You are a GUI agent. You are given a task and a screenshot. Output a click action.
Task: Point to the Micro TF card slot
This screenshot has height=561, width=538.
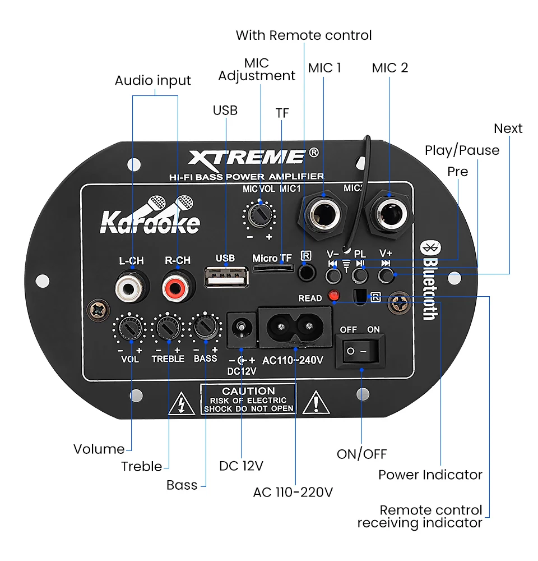272,269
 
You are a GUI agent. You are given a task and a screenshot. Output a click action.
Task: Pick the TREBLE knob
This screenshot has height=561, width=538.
168,327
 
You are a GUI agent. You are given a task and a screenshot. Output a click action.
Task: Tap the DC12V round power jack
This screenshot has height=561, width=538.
242,327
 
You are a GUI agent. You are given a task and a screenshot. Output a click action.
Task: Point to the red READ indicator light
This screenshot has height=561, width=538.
334,295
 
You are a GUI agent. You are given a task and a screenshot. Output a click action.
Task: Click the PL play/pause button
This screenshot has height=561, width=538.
360,275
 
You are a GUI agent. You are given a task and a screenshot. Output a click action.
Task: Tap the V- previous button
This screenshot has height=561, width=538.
333,275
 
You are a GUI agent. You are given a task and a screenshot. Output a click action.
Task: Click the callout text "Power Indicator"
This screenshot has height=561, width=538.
430,475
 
